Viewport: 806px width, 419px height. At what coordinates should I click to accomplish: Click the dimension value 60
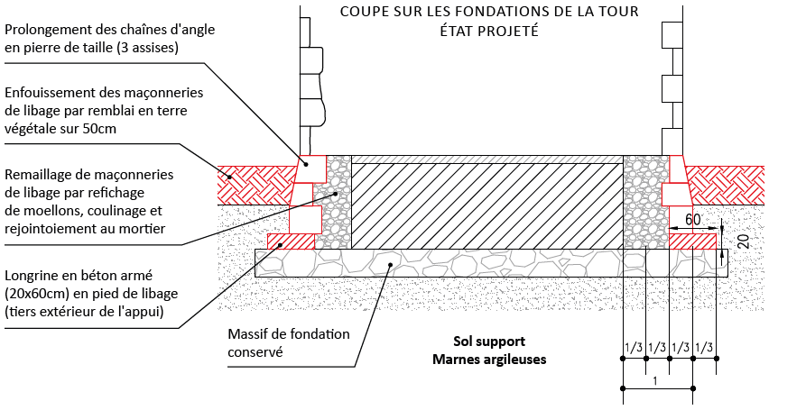coord(693,219)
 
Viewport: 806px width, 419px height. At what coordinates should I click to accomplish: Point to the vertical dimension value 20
coord(742,241)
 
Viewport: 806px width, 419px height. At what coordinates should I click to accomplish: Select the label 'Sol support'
coord(489,342)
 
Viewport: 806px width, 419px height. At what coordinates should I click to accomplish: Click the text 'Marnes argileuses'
coord(489,359)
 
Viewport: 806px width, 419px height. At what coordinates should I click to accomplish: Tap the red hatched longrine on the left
coord(291,241)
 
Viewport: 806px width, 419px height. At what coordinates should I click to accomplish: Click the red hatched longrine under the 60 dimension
coord(693,241)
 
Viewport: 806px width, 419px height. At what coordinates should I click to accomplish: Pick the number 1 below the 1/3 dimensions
coord(656,381)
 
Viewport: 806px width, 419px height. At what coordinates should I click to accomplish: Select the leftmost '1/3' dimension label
coord(633,348)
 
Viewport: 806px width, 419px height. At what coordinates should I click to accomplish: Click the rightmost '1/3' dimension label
coord(704,348)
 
